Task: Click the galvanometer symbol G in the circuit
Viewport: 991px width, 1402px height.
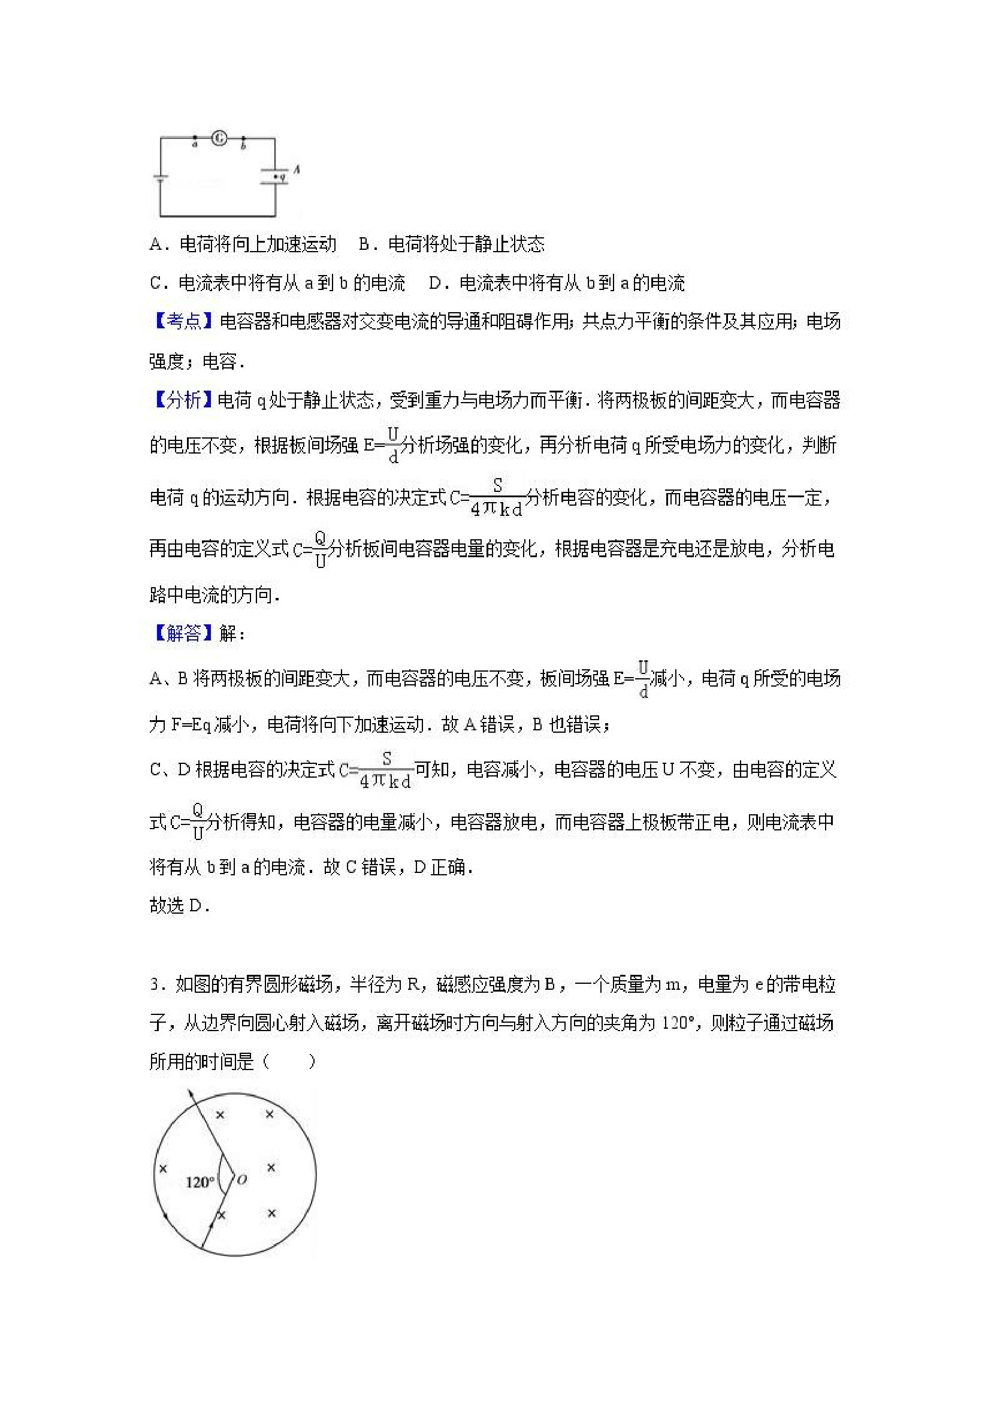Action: pyautogui.click(x=219, y=138)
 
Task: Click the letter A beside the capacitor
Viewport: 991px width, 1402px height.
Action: pyautogui.click(x=297, y=168)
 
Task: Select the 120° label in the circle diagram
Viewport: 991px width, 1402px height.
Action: pyautogui.click(x=200, y=1182)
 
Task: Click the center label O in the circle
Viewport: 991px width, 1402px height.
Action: pyautogui.click(x=242, y=1180)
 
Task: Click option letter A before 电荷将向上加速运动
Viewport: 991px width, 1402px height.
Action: pyautogui.click(x=155, y=245)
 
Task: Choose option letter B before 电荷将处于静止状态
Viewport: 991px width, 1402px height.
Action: pyautogui.click(x=364, y=245)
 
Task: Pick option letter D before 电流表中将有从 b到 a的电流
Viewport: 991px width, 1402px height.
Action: pyautogui.click(x=435, y=283)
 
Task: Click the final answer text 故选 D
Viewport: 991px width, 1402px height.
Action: pyautogui.click(x=180, y=905)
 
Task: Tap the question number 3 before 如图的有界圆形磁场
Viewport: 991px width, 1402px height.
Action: pyautogui.click(x=155, y=985)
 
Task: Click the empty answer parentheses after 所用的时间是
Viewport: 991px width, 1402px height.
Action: pyautogui.click(x=289, y=1062)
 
